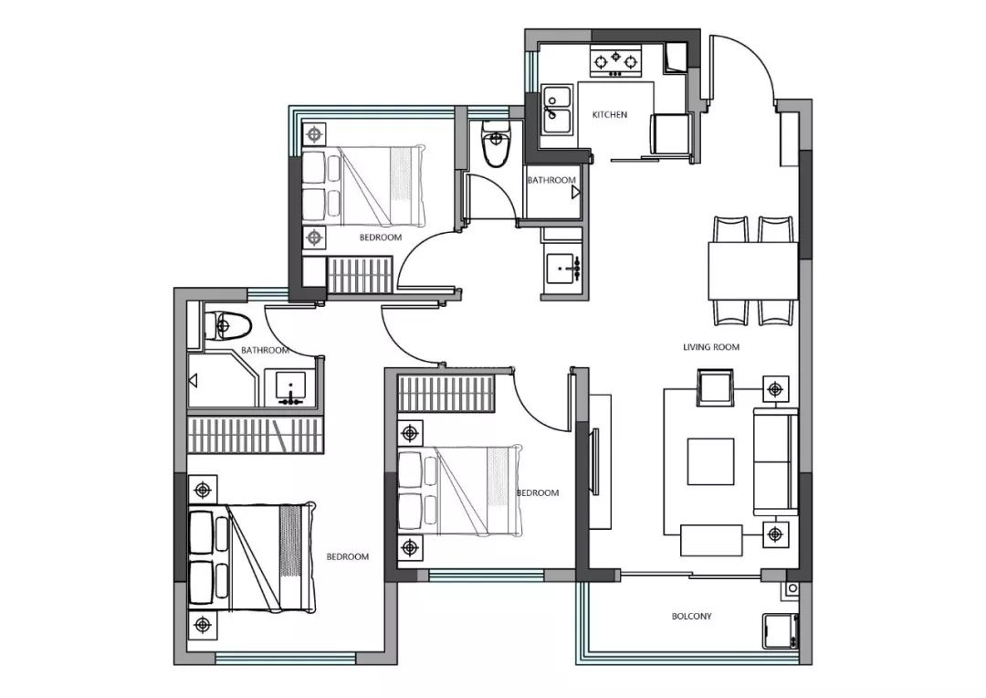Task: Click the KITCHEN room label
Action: [609, 115]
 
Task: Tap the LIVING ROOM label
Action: [711, 347]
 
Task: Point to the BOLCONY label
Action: [692, 616]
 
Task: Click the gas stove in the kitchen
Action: [615, 61]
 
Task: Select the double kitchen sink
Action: [557, 110]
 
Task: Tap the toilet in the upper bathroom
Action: [496, 143]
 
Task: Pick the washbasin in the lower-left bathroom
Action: [290, 387]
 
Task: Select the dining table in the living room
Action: [753, 270]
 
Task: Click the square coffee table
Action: [710, 461]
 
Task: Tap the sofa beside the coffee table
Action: [776, 461]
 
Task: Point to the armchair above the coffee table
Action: [716, 387]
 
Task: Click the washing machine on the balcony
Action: [781, 631]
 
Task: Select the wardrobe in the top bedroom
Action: [361, 274]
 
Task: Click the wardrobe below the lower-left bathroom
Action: [256, 435]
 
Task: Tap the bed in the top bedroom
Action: [362, 186]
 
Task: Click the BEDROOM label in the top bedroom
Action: [381, 238]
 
